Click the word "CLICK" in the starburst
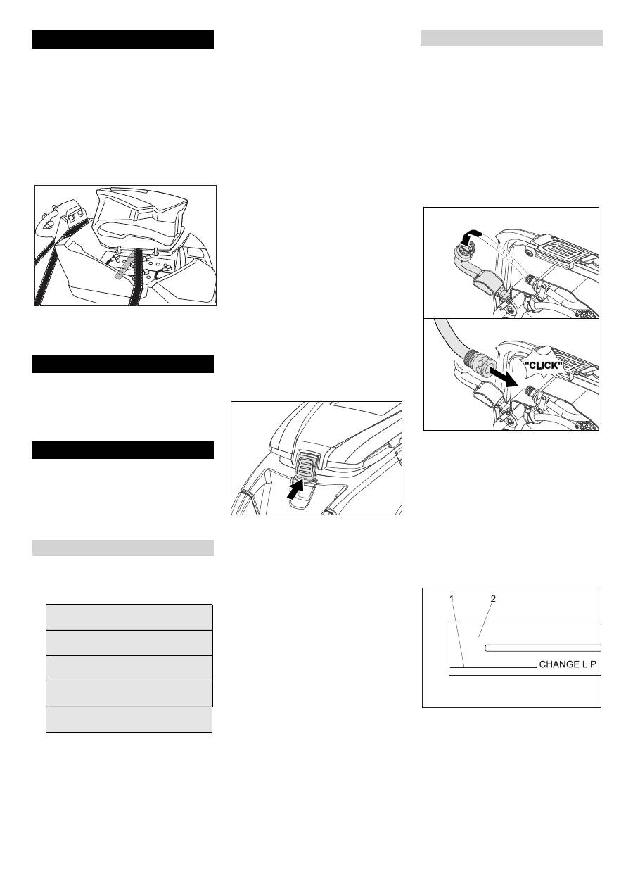pyautogui.click(x=543, y=365)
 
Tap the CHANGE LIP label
pyautogui.click(x=568, y=664)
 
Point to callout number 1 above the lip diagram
pyautogui.click(x=452, y=599)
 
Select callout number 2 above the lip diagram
pyautogui.click(x=493, y=599)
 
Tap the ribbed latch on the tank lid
pyautogui.click(x=305, y=464)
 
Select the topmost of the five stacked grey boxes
pyautogui.click(x=129, y=617)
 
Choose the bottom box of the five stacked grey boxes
pyautogui.click(x=129, y=719)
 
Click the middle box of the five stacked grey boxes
pyautogui.click(x=129, y=668)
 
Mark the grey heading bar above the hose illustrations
pyautogui.click(x=511, y=39)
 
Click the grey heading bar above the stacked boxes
pyautogui.click(x=122, y=548)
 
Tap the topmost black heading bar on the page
pyautogui.click(x=122, y=39)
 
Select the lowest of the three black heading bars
pyautogui.click(x=122, y=450)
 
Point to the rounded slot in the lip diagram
pyautogui.click(x=543, y=648)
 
